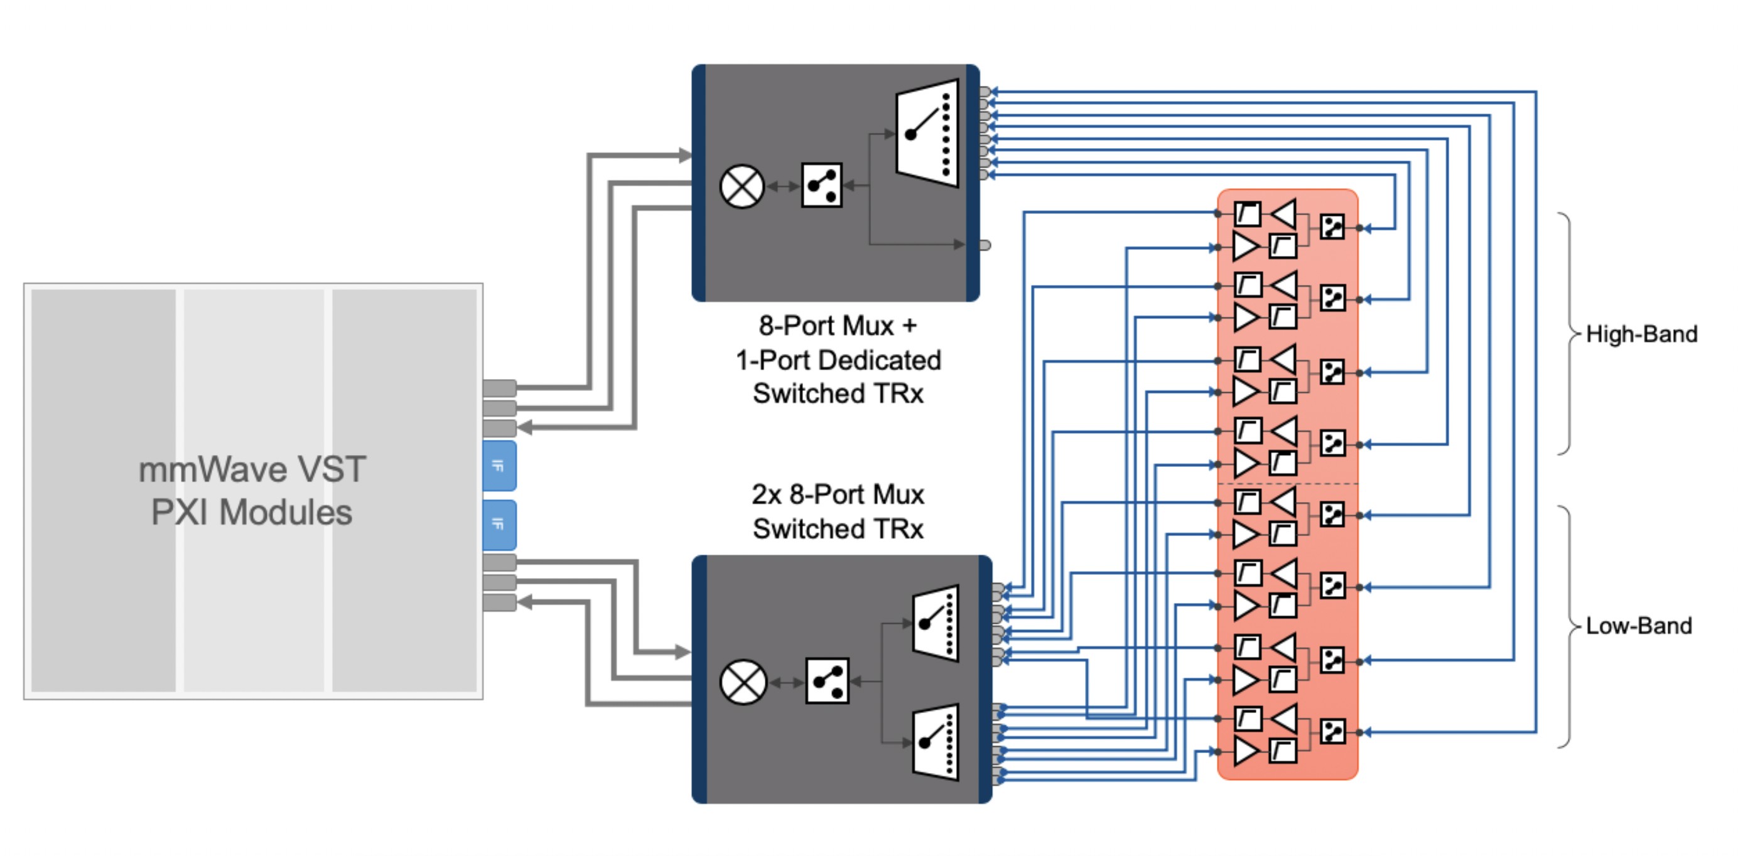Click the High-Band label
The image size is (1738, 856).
(1641, 334)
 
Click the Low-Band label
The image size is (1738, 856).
(1638, 626)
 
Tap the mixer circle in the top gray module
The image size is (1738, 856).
(742, 186)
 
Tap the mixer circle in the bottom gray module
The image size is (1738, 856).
(743, 682)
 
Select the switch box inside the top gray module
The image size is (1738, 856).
(822, 185)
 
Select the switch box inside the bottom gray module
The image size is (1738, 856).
(827, 682)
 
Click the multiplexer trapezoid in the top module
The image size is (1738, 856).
(927, 133)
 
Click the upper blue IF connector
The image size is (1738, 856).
(499, 466)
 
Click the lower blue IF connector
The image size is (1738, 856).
(499, 525)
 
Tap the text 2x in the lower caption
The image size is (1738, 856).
(766, 495)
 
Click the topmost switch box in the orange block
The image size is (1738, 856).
(1332, 227)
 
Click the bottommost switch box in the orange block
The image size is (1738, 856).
(1332, 732)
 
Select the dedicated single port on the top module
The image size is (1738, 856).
(985, 245)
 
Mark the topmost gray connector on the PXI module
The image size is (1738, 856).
(499, 388)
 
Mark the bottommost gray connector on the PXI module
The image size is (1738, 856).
(499, 602)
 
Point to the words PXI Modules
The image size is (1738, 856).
(251, 513)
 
